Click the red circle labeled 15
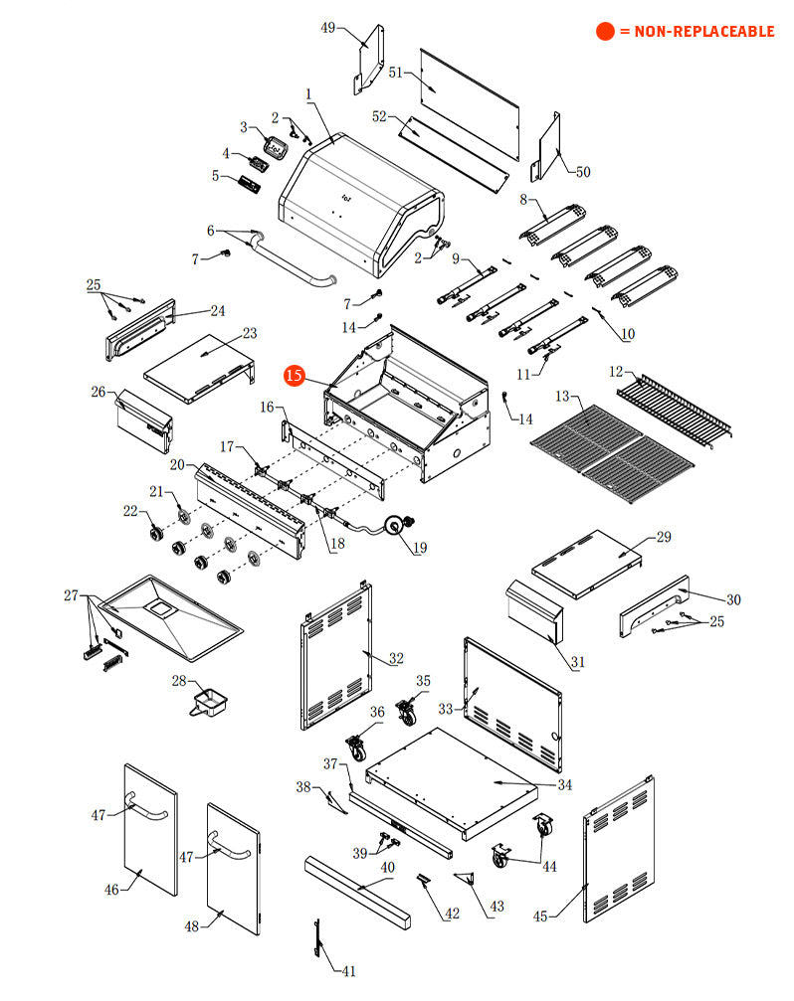point(295,376)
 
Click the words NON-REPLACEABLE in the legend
point(703,31)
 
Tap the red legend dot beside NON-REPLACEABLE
point(605,31)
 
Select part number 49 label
point(327,28)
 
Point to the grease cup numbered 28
point(210,702)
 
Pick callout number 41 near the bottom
point(349,971)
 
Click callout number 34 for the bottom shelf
point(565,784)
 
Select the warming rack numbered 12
point(674,409)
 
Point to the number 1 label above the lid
point(308,94)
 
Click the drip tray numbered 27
point(170,616)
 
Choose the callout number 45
point(540,917)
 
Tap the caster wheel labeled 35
point(406,712)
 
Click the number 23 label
point(250,333)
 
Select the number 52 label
point(379,116)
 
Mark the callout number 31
point(577,662)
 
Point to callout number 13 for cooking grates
point(562,397)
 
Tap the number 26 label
point(99,392)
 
